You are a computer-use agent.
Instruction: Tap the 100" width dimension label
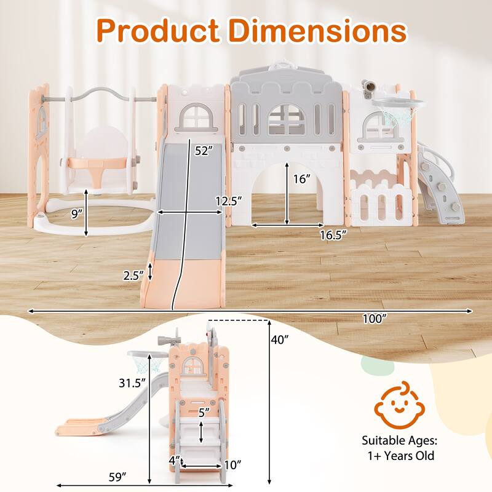tap(374, 319)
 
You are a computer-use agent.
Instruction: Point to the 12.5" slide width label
tap(229, 200)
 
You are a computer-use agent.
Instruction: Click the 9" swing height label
tap(76, 214)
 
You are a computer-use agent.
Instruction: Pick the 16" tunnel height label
tap(301, 179)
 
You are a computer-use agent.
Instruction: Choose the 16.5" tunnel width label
tap(333, 235)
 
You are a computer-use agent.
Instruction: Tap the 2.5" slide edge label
tap(133, 276)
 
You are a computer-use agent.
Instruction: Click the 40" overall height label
tap(280, 339)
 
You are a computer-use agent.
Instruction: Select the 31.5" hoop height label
tap(132, 383)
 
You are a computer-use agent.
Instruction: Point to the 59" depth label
tap(117, 477)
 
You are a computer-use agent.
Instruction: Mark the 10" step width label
tap(233, 465)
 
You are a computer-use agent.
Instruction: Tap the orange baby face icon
tap(399, 405)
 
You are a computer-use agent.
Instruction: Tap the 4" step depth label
tap(175, 460)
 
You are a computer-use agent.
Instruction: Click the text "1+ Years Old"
tap(401, 455)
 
